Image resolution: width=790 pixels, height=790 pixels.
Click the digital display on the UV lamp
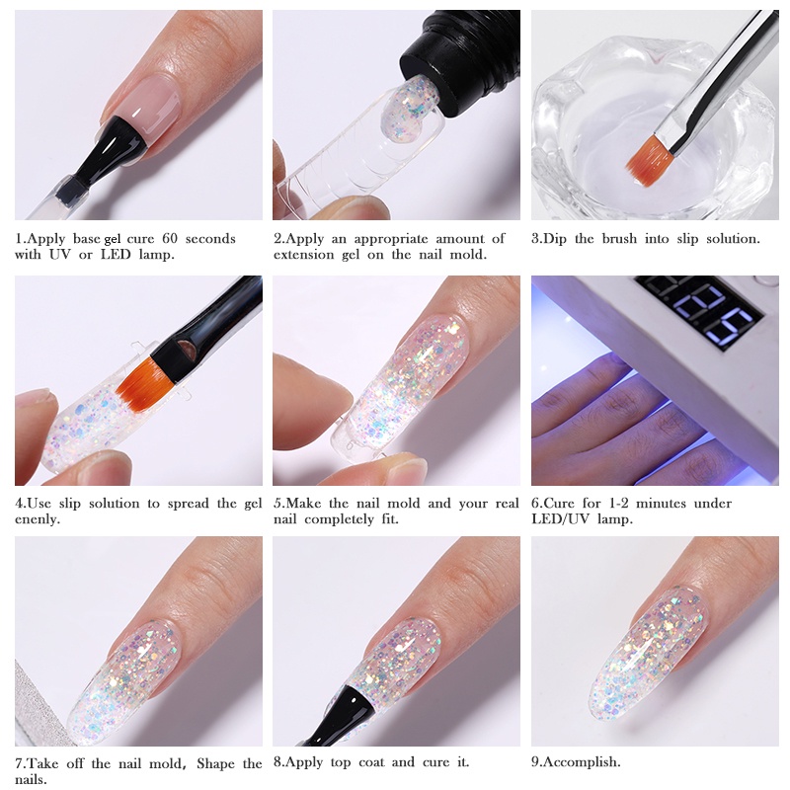pyautogui.click(x=700, y=307)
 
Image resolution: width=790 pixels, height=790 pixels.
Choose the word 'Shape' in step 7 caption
pyautogui.click(x=220, y=762)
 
